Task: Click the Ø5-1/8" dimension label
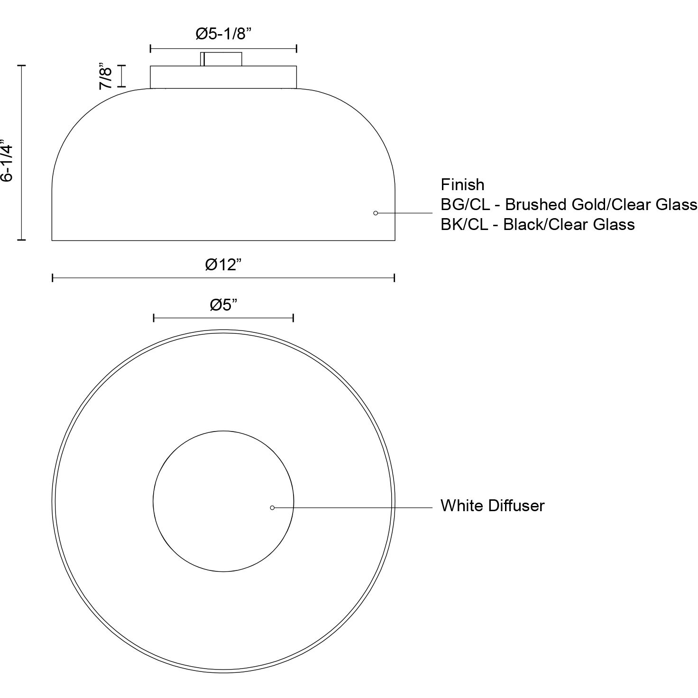tap(223, 34)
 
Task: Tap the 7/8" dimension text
tap(106, 77)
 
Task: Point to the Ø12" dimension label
tap(223, 265)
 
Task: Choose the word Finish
tap(462, 185)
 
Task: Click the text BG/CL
tap(465, 205)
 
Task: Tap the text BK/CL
tap(464, 225)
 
